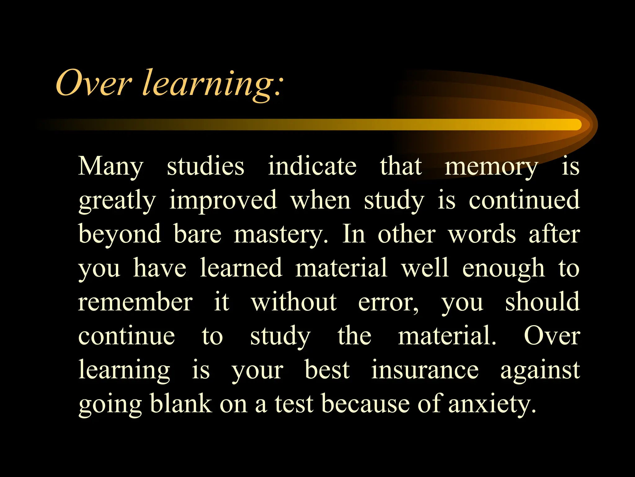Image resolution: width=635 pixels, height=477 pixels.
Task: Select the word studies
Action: click(206, 166)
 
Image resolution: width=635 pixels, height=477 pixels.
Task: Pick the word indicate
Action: click(312, 166)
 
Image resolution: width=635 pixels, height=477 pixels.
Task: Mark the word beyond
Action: click(120, 234)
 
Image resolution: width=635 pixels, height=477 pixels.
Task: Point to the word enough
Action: click(503, 269)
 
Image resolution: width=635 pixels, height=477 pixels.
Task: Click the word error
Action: click(388, 303)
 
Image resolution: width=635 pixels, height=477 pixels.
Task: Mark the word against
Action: click(540, 370)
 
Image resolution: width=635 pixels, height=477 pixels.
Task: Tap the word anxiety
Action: click(492, 404)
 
